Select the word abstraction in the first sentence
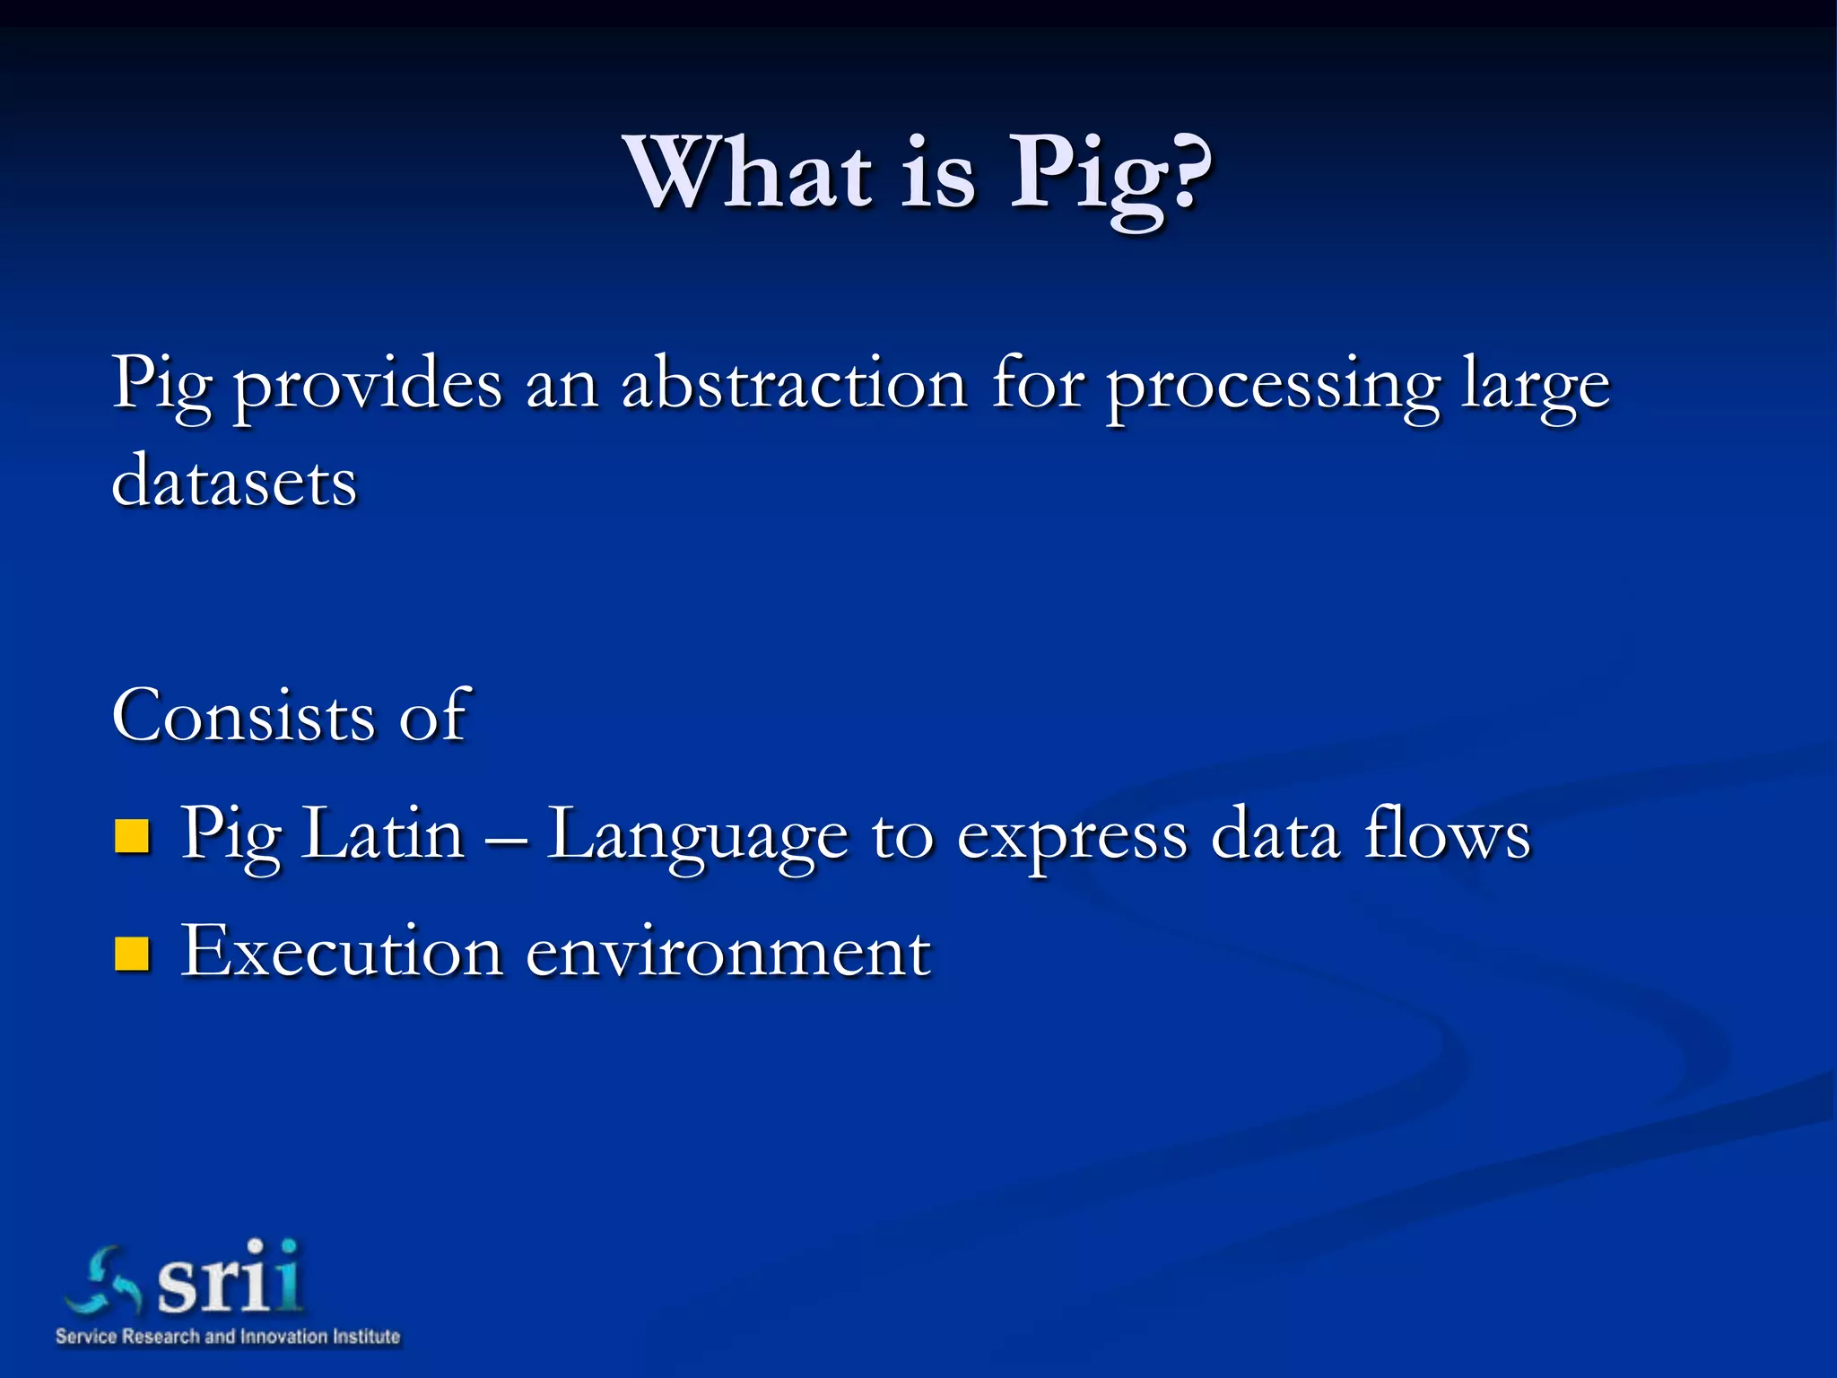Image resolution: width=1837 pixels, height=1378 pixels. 794,384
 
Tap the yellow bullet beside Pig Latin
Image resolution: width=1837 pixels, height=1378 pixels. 132,836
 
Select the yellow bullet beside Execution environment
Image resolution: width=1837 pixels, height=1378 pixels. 132,955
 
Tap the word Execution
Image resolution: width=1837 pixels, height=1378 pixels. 341,951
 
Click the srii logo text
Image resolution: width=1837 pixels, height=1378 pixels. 230,1278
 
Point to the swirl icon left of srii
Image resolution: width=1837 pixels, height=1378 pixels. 103,1282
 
